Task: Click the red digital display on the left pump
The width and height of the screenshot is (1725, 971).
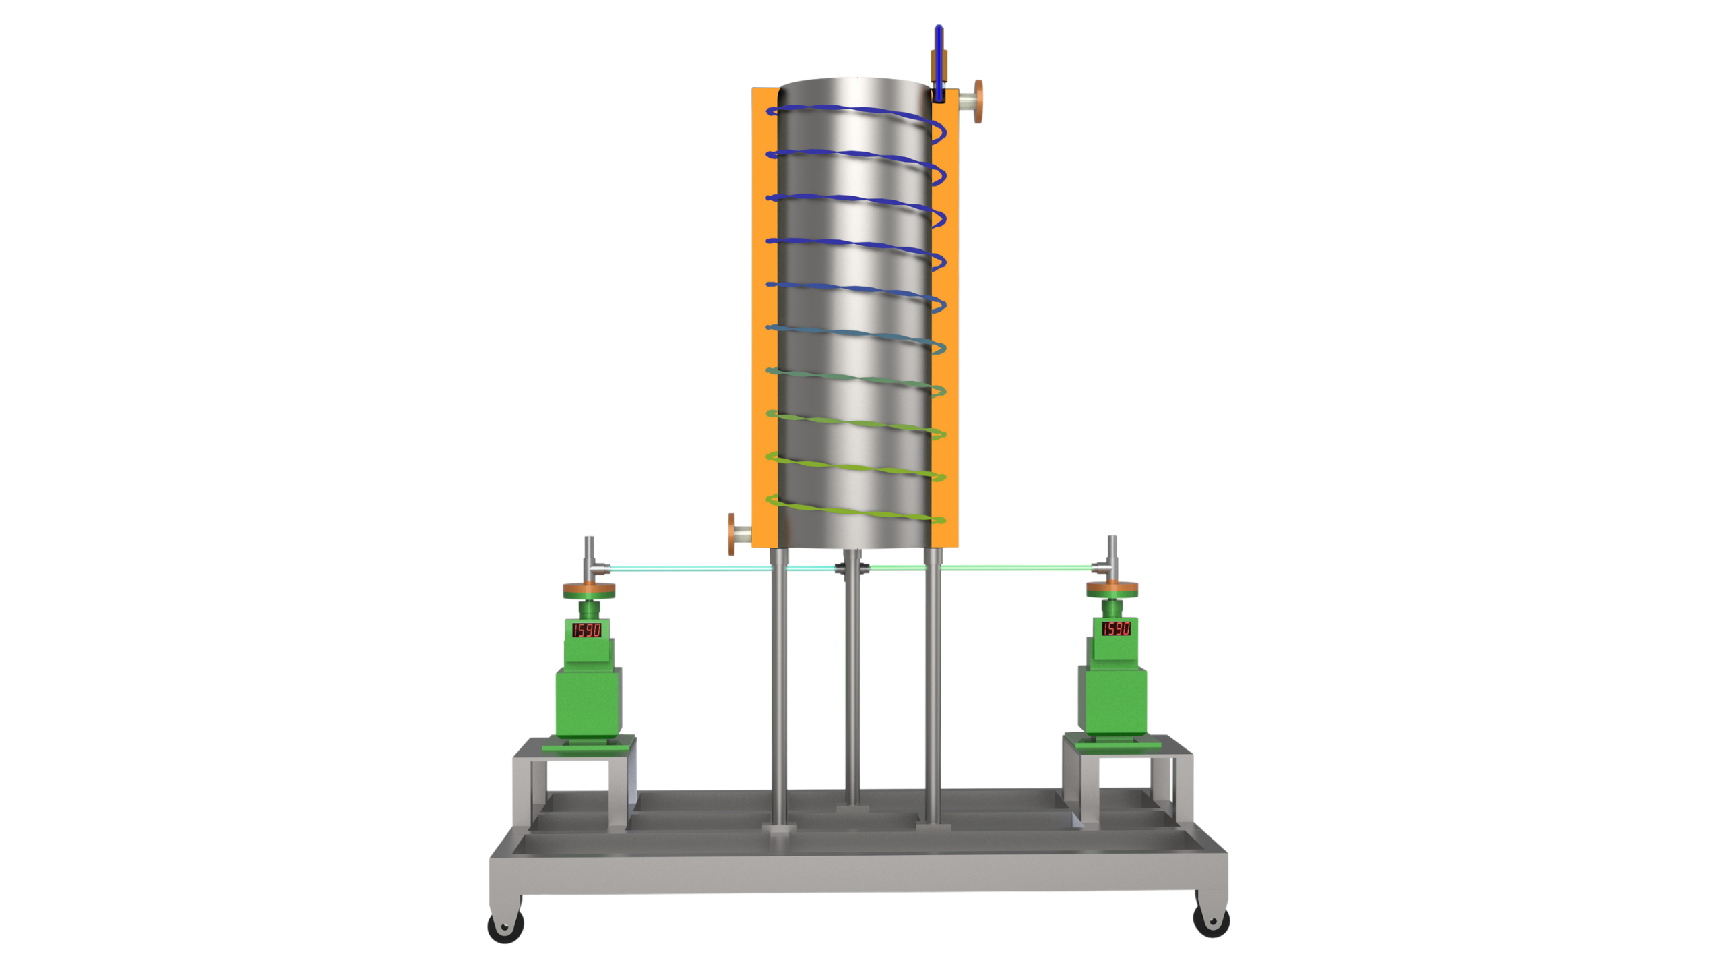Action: [586, 630]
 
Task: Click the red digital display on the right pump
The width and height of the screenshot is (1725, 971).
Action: [1115, 628]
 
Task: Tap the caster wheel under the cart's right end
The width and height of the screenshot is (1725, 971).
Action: [1212, 920]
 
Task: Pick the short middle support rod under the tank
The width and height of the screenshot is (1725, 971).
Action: [852, 681]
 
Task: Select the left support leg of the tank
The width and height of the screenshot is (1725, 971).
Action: [779, 688]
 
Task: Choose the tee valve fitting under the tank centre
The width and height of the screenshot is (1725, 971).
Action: [852, 568]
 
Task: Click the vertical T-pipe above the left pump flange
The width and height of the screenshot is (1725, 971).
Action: [589, 556]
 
